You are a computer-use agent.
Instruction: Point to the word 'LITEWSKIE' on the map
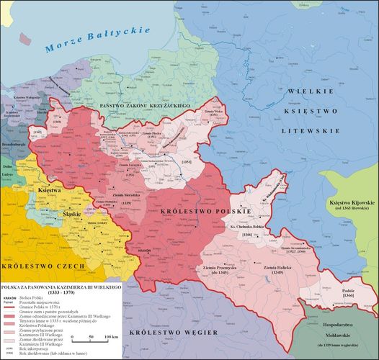coord(311,133)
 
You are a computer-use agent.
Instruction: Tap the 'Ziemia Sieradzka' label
coord(126,194)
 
